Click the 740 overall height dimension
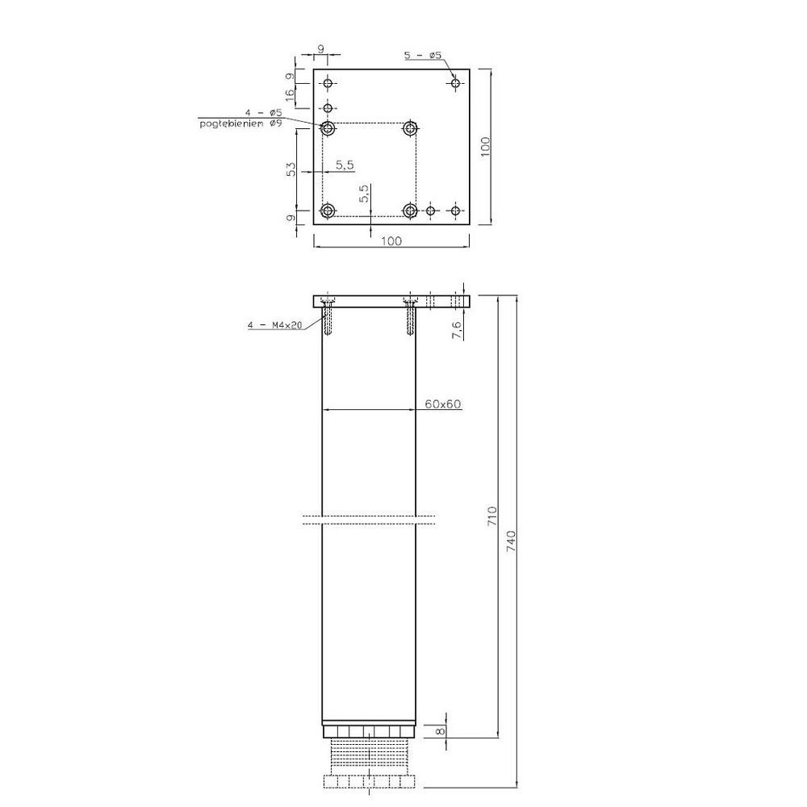511,541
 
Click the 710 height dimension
492,516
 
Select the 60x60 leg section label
442,404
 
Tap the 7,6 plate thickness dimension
457,328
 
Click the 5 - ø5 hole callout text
423,55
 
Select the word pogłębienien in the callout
232,124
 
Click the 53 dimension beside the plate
291,169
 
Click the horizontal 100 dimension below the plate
391,240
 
